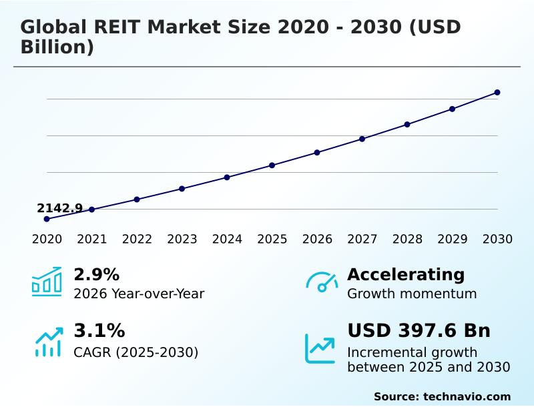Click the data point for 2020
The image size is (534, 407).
pos(47,219)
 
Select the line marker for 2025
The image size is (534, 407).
pos(272,165)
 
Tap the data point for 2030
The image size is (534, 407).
pos(497,92)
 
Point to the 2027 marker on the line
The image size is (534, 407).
pos(362,139)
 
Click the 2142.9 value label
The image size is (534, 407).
pos(59,208)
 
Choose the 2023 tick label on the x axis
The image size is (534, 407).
pos(182,240)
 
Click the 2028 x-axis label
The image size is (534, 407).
pos(407,240)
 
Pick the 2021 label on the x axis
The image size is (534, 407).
pos(91,240)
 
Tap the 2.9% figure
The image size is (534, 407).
pos(96,274)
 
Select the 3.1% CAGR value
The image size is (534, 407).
pos(99,330)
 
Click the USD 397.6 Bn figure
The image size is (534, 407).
pos(419,330)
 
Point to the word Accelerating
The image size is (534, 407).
pos(406,274)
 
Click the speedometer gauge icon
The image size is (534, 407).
pos(322,282)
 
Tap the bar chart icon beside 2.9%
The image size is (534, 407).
pos(47,282)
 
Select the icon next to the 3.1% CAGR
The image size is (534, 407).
pos(48,342)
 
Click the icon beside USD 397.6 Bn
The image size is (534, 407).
pos(320,348)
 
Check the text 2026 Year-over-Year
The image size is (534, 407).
pos(139,294)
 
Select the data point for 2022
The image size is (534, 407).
pos(137,199)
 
